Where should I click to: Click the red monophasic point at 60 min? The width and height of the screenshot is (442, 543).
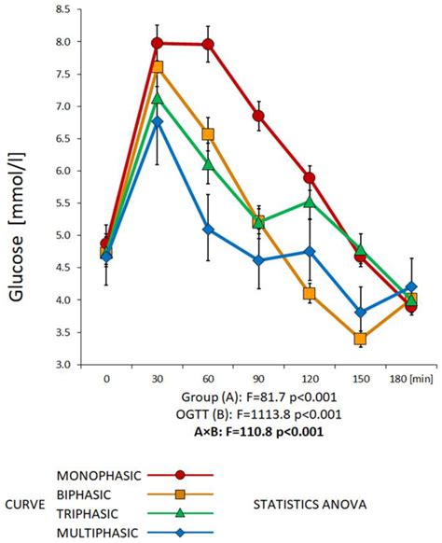click(x=208, y=44)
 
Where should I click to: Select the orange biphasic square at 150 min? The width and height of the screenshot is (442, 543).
click(x=360, y=339)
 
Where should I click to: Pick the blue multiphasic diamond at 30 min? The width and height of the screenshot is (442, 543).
click(x=158, y=121)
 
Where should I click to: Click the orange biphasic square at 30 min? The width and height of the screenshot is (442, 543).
click(x=158, y=67)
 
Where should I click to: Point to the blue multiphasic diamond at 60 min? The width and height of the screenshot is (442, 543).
click(x=208, y=230)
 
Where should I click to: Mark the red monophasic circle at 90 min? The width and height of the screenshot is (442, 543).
click(x=258, y=116)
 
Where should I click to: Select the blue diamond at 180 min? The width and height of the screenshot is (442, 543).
click(x=411, y=287)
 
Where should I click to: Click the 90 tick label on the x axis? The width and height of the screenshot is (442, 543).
click(x=258, y=380)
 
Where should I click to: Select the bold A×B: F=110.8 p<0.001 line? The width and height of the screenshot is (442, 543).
click(x=259, y=430)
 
